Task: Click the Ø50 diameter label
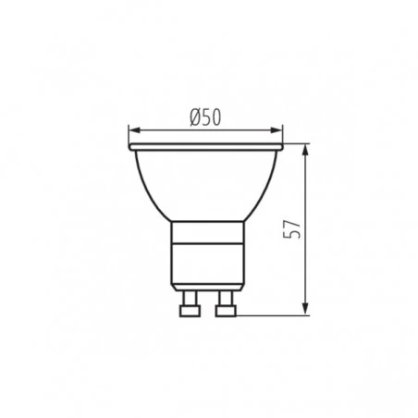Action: (x=205, y=117)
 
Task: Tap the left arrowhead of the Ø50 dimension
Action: (x=134, y=130)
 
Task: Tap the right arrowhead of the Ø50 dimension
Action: (x=277, y=130)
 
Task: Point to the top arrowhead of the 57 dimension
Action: (x=305, y=151)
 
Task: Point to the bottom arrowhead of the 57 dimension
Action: (x=305, y=309)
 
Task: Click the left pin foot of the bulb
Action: (x=190, y=311)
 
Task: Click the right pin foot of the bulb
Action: (x=226, y=311)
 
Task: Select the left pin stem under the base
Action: (x=190, y=298)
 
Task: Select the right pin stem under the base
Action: (x=226, y=298)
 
